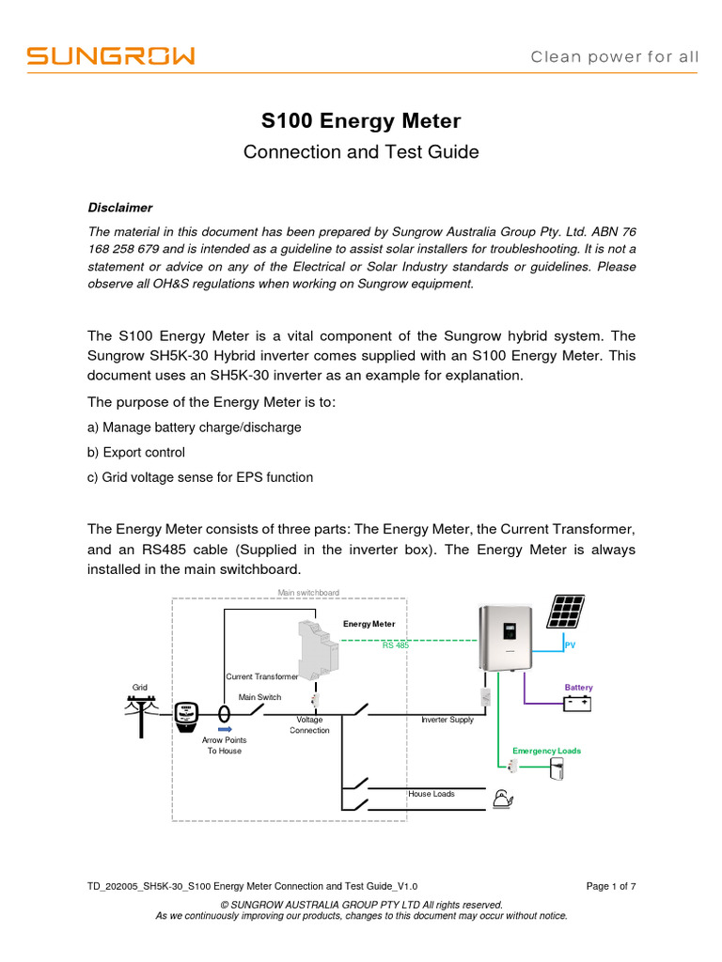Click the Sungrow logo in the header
[x=110, y=56]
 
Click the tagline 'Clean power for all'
[x=615, y=56]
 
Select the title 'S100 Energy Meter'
[x=360, y=121]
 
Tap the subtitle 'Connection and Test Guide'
[x=360, y=151]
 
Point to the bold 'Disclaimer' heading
[x=120, y=207]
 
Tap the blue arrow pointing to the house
[x=225, y=728]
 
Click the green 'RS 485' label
[x=395, y=645]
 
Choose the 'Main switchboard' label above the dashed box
[x=308, y=593]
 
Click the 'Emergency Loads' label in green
[x=546, y=751]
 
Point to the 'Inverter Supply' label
[x=447, y=720]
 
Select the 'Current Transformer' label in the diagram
[x=262, y=676]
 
